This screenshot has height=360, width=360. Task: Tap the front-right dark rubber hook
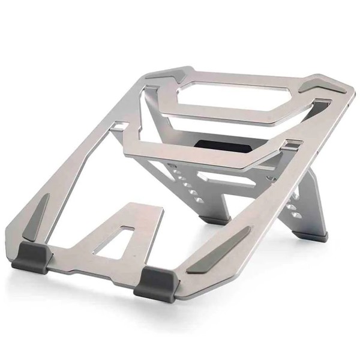click(154, 283)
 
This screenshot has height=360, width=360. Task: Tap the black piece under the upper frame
click(223, 146)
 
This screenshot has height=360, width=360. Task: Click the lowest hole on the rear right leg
click(295, 215)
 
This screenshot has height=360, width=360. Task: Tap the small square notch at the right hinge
click(292, 144)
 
